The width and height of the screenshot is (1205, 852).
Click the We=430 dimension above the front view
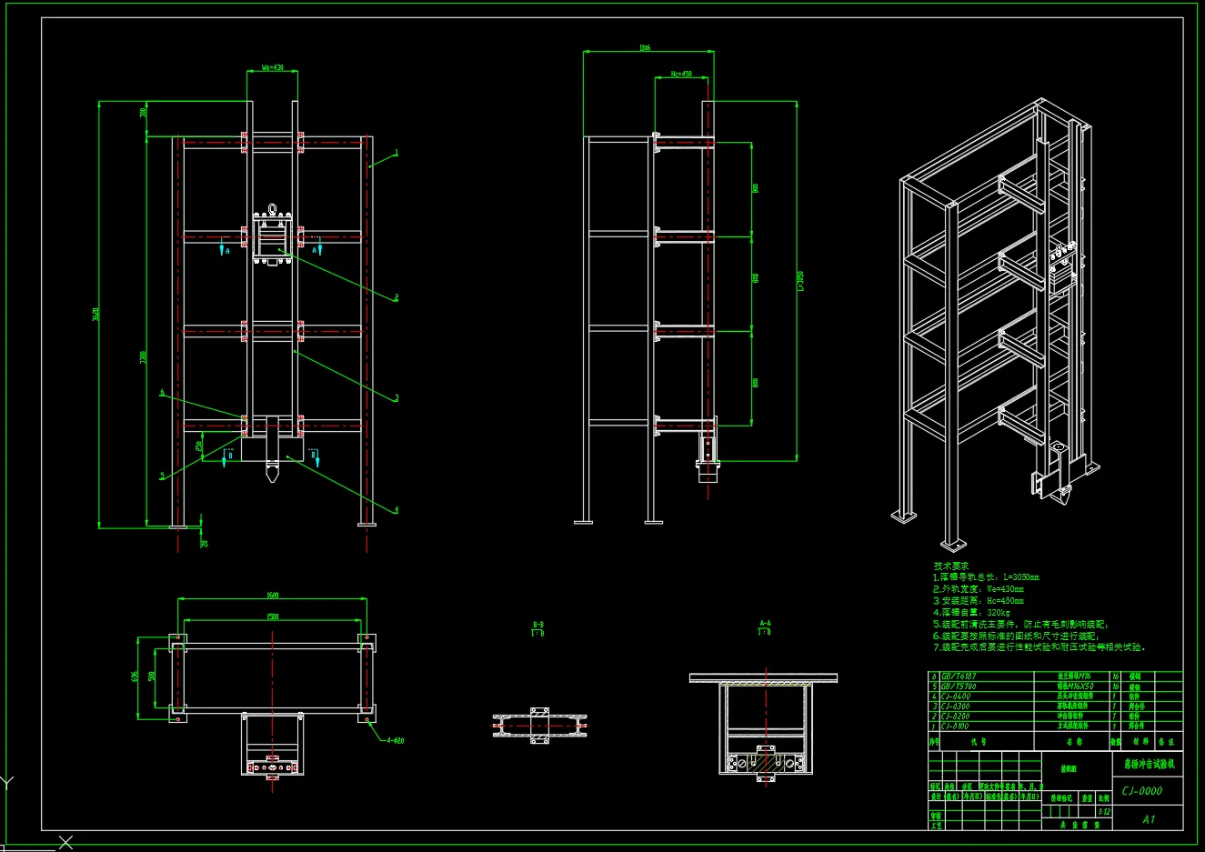tap(273, 67)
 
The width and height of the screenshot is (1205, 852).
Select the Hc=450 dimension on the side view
tap(681, 74)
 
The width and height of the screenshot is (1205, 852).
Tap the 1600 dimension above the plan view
tap(273, 596)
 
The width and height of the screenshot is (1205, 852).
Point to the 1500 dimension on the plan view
tap(273, 616)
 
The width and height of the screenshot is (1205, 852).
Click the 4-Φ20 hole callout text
tap(394, 740)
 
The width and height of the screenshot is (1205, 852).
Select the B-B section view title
tap(537, 626)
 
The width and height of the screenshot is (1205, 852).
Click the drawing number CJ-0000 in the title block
tap(1141, 791)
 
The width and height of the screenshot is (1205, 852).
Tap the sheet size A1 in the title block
tap(1149, 819)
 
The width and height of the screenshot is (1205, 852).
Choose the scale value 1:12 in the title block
tap(1104, 811)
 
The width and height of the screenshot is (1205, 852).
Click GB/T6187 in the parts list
tap(959, 677)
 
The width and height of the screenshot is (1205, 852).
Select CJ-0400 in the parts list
tap(956, 697)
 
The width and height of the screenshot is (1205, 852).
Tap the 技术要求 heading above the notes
tap(951, 566)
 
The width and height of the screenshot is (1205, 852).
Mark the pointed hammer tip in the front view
tap(272, 475)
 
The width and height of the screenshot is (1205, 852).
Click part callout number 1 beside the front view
tap(397, 152)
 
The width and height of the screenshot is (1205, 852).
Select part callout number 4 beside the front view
tap(397, 510)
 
